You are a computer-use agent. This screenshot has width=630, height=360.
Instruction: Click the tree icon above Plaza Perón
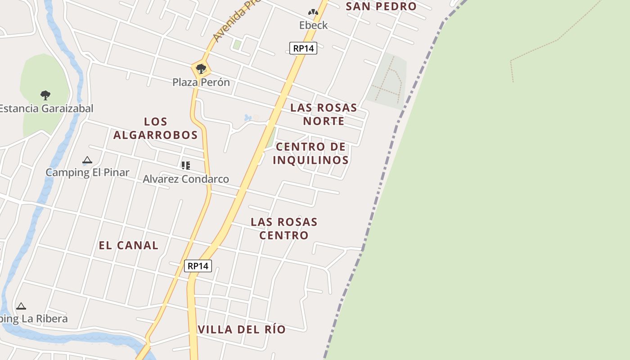[201, 69]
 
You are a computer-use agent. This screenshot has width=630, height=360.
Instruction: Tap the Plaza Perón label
[201, 82]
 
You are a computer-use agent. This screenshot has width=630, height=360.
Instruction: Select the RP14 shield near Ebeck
[303, 48]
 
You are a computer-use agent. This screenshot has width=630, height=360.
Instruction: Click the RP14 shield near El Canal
[198, 266]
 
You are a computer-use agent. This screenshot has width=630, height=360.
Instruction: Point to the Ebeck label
[314, 25]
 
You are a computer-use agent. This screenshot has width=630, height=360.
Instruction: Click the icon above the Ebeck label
[313, 13]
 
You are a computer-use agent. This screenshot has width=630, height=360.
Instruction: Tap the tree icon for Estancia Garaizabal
[45, 95]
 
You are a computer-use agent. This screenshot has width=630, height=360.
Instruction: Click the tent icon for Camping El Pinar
[87, 160]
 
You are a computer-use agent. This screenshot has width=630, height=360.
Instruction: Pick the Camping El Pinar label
[87, 172]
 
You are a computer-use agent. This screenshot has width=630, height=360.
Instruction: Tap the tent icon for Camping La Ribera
[21, 306]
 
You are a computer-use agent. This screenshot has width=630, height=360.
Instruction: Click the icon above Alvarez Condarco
[186, 166]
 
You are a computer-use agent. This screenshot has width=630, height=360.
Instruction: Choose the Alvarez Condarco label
[186, 179]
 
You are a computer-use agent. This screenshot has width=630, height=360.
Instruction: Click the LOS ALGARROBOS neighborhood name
[156, 128]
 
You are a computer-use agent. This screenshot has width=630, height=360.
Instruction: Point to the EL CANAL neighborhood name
[129, 245]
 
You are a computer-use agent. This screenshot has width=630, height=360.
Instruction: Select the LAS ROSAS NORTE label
[324, 114]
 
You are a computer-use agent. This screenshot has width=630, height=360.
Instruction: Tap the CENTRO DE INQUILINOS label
[311, 153]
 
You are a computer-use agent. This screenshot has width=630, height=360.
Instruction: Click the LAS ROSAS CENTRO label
[284, 229]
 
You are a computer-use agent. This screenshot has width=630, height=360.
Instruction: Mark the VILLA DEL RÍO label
[242, 329]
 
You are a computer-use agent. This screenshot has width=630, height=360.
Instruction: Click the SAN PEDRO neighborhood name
[381, 6]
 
